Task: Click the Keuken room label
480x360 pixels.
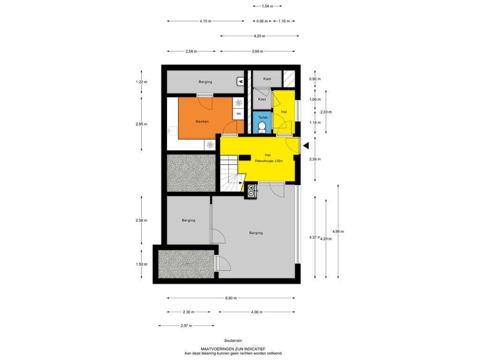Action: pos(202,121)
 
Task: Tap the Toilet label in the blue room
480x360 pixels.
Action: pos(262,117)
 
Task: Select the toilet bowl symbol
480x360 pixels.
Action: pos(262,126)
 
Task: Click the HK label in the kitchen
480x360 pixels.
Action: pos(239,114)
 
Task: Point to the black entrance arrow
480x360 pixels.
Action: pos(306,146)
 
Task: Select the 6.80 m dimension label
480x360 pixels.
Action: pos(231,298)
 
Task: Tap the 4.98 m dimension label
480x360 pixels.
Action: pos(338,232)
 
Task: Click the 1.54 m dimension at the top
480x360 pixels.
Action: pos(268,6)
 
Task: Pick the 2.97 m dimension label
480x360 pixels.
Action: pos(187,326)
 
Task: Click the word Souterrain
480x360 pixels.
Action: pos(233,341)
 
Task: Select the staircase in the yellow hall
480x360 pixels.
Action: pos(231,173)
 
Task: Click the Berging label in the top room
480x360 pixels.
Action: pos(205,82)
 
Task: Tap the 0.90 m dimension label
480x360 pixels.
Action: pos(315,79)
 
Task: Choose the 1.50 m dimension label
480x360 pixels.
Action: pos(142,264)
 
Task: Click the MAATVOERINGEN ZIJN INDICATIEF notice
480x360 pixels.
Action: pos(233,349)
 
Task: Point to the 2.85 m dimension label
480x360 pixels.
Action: pos(142,124)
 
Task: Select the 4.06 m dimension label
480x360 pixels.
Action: pos(256,312)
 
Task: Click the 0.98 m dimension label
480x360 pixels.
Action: pos(262,21)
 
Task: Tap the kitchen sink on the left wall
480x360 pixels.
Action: pos(172,131)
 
